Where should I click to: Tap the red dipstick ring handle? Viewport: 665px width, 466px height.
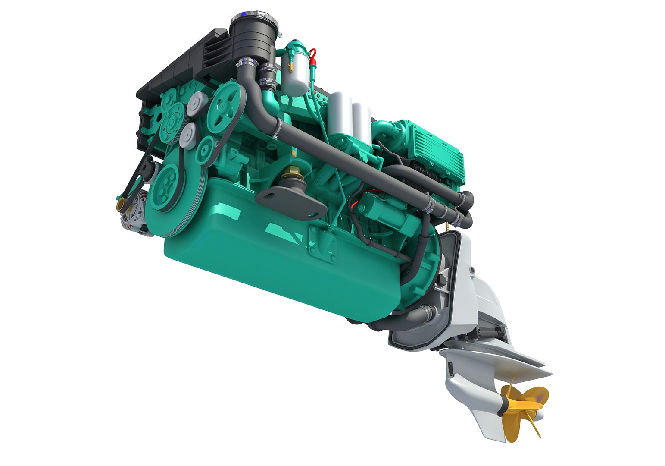tap(313, 54)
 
